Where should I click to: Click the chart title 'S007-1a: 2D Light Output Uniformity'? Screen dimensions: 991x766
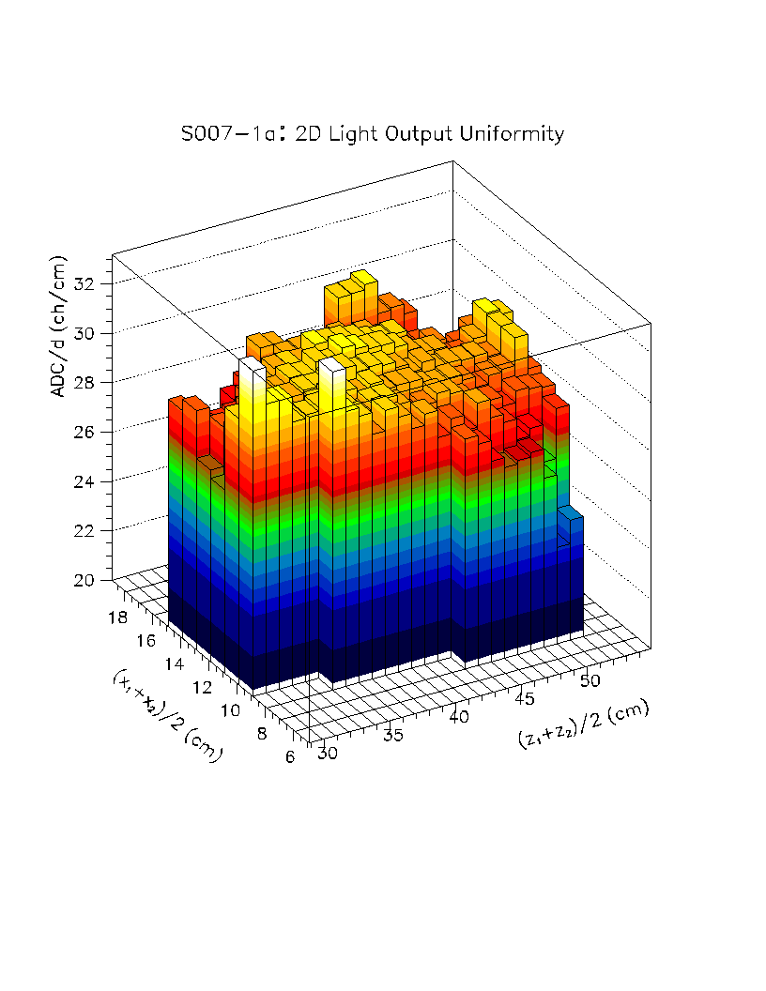[x=373, y=134]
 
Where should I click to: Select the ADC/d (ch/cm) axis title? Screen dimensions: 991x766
[x=60, y=327]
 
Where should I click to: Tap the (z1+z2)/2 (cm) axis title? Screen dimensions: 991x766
[x=583, y=724]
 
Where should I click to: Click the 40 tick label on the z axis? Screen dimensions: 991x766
[x=460, y=717]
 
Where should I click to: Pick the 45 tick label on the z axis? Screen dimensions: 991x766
[x=527, y=698]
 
